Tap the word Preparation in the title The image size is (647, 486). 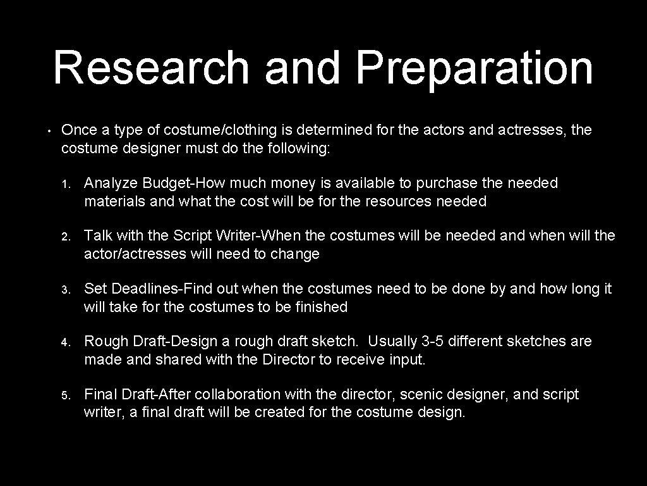tap(475, 68)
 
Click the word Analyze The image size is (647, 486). tap(111, 184)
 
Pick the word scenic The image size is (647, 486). tap(421, 395)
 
